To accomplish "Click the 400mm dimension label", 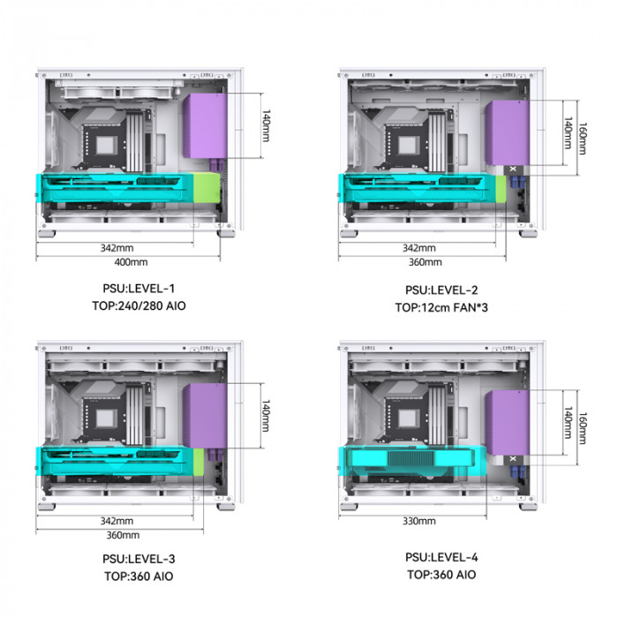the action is point(131,262).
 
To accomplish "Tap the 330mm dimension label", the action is point(419,521).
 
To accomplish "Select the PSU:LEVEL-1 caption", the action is point(139,289).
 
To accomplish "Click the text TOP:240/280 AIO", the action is point(139,305).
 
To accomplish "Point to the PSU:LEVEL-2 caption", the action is point(441,290).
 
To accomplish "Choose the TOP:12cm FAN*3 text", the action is point(441,307).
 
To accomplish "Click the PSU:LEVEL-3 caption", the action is point(139,559).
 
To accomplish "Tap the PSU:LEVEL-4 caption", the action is point(441,557).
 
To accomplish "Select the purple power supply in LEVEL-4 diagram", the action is point(508,423).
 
